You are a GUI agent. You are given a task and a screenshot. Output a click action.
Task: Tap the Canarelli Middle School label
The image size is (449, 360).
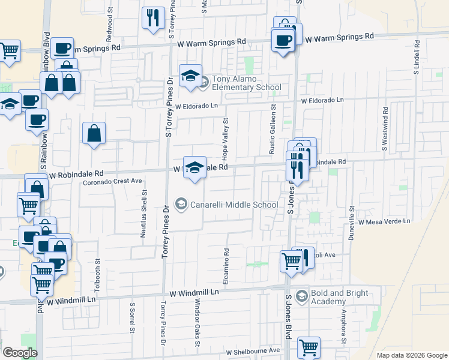coord(234,205)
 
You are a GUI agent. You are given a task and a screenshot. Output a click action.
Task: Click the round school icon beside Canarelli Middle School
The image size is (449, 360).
coord(179,205)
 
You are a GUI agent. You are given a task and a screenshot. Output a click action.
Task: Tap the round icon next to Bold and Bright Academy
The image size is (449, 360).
coord(302,297)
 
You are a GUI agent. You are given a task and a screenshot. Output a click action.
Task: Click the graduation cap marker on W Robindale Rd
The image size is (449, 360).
coord(194,167)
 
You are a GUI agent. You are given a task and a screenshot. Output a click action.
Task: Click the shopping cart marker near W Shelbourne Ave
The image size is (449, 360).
coord(309,347)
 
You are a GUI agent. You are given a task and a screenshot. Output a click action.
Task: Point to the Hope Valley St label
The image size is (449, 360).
coord(226,139)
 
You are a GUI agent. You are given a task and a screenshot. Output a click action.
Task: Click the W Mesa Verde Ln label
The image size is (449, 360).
coord(384,221)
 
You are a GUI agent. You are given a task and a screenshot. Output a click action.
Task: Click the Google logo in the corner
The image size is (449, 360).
coord(20,353)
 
